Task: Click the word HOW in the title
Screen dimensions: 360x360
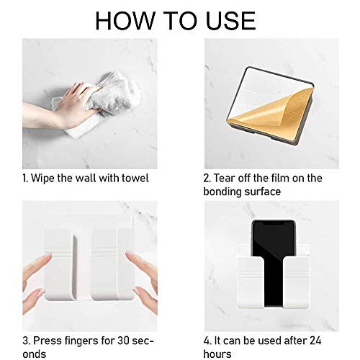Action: pyautogui.click(x=125, y=21)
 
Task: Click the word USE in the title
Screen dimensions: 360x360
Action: pyautogui.click(x=231, y=21)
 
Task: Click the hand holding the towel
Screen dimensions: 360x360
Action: pyautogui.click(x=60, y=106)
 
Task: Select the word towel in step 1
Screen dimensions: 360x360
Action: pyautogui.click(x=135, y=178)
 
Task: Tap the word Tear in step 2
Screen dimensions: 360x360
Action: pyautogui.click(x=224, y=178)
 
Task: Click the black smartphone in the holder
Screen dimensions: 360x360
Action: pyautogui.click(x=273, y=263)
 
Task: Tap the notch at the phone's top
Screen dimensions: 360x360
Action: pyautogui.click(x=273, y=222)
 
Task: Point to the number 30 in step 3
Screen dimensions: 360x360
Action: pyautogui.click(x=124, y=341)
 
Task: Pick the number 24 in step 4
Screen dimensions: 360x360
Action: pyautogui.click(x=315, y=341)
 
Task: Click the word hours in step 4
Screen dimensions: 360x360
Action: pyautogui.click(x=217, y=354)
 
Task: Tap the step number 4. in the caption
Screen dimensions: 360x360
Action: pyautogui.click(x=207, y=341)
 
